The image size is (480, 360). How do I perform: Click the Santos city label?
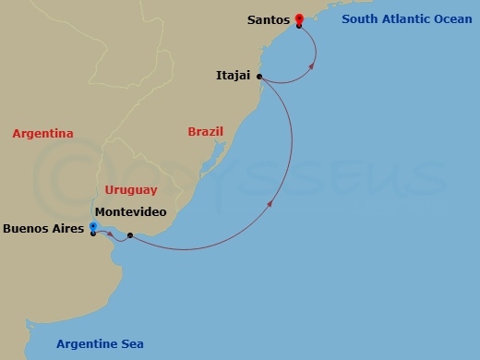(268, 19)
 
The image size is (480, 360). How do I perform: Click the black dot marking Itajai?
(259, 77)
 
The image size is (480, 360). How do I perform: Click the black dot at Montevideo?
(130, 235)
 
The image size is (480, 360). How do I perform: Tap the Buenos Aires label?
(43, 228)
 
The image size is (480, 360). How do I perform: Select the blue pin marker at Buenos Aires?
(93, 227)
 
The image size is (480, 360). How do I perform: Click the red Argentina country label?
(42, 134)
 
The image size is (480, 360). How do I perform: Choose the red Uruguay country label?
(130, 189)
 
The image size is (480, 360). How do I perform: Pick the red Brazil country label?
(205, 132)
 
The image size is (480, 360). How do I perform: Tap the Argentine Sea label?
(100, 344)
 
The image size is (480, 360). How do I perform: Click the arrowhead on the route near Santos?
(312, 66)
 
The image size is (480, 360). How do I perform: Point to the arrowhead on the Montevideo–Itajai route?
(270, 203)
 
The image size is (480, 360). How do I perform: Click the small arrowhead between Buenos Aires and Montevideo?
(111, 234)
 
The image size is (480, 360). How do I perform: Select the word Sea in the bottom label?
(132, 344)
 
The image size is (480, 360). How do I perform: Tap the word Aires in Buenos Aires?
(68, 228)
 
